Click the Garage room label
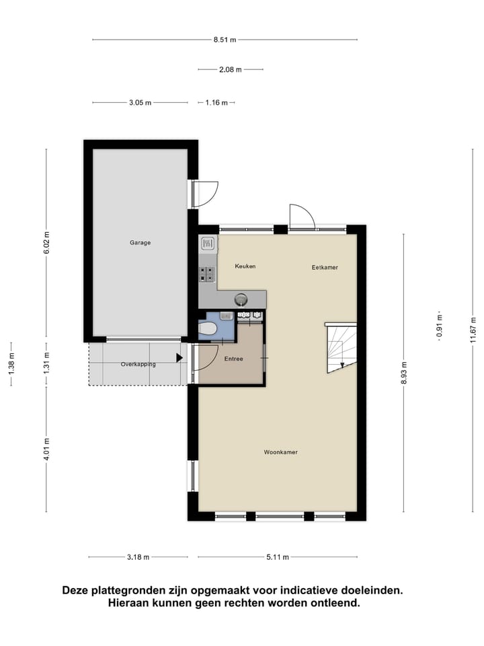[x=140, y=243]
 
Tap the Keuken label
[x=245, y=266]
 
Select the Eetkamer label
[x=325, y=267]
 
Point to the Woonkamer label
[x=280, y=452]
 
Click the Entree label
[x=233, y=359]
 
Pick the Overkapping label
[x=138, y=364]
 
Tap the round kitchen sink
[x=241, y=299]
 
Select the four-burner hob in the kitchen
[x=208, y=274]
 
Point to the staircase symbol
[x=341, y=347]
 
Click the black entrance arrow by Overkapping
[x=179, y=358]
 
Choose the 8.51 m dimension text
[x=225, y=40]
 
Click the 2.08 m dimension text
[x=230, y=69]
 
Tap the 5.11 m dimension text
[x=277, y=557]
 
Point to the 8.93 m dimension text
[x=404, y=376]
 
